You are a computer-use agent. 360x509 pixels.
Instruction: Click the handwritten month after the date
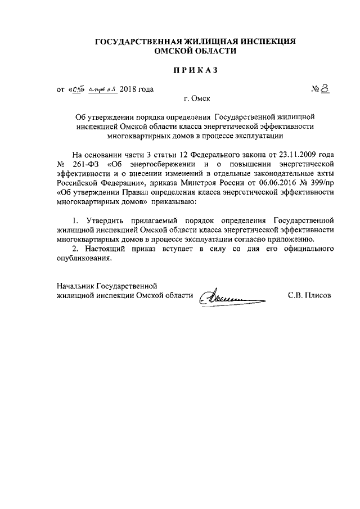[102, 89]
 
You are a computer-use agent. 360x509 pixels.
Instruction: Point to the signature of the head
[231, 294]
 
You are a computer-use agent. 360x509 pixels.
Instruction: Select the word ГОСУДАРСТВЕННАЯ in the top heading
[132, 42]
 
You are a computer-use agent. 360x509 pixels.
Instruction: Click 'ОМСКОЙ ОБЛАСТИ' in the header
[195, 51]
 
